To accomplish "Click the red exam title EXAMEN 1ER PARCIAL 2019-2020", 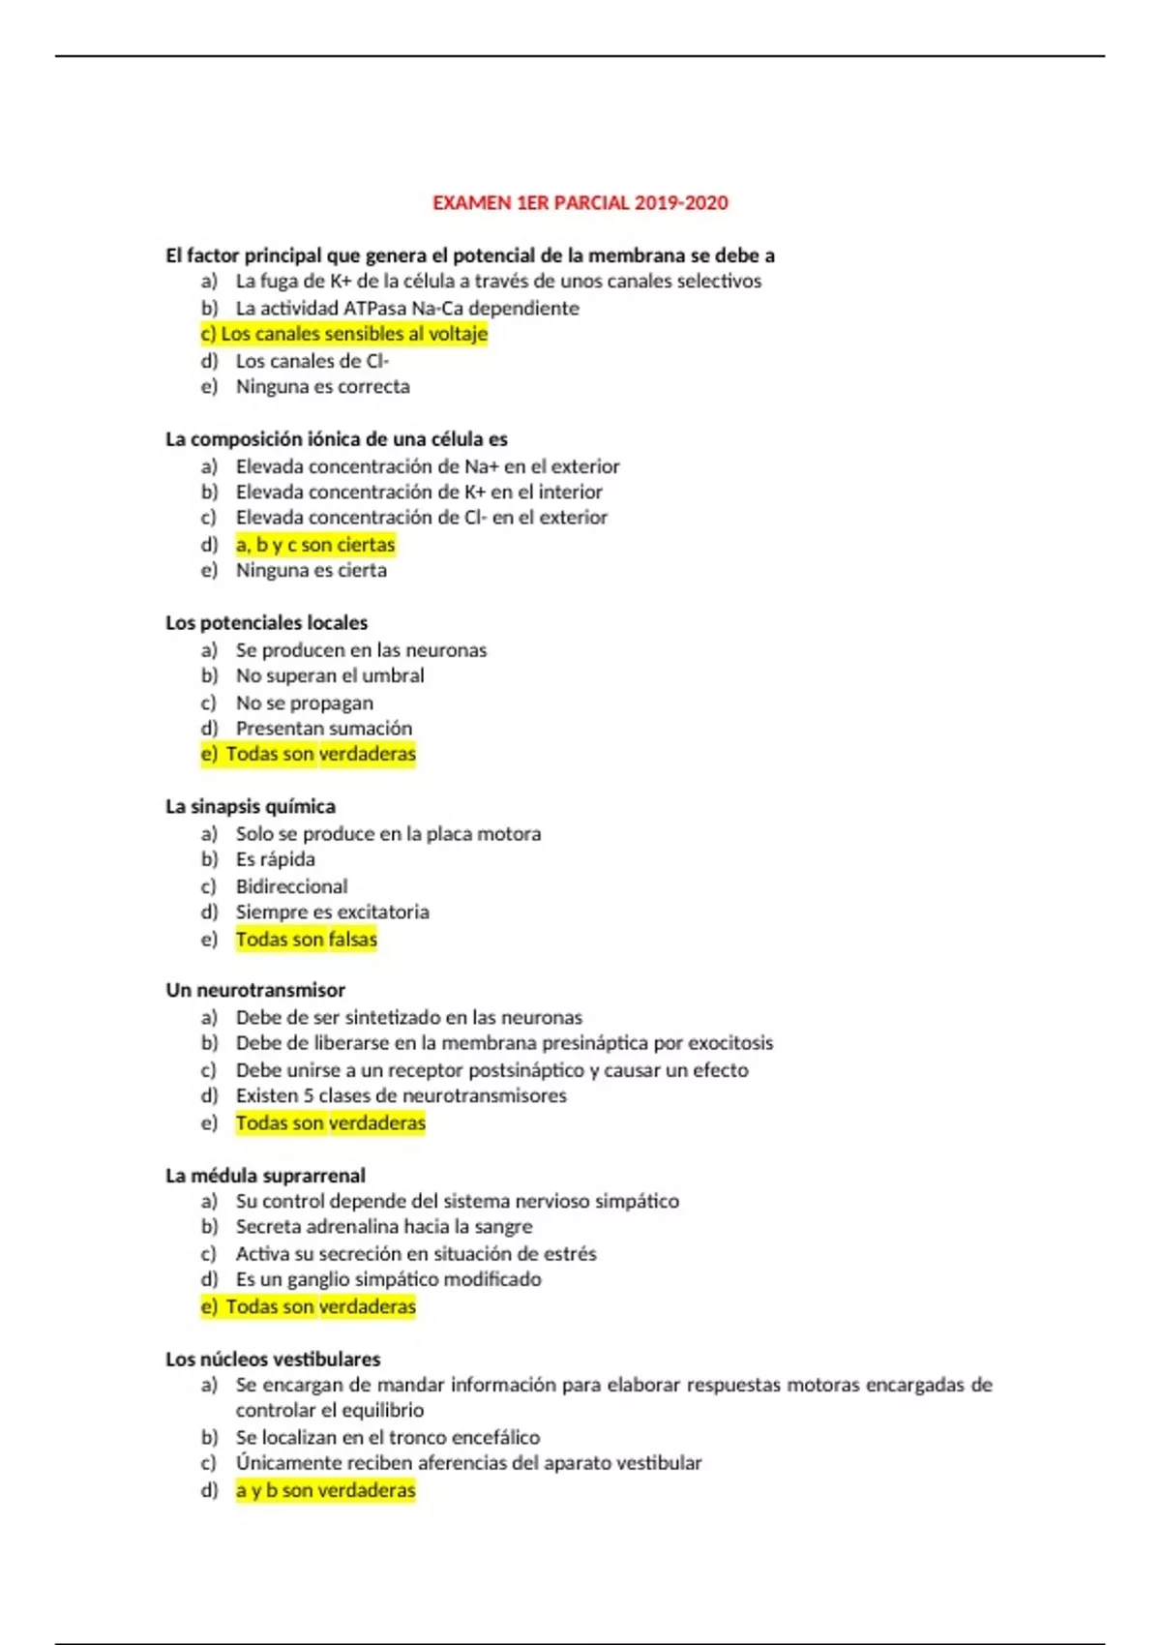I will pos(580,203).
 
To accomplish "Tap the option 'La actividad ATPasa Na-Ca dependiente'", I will pos(407,308).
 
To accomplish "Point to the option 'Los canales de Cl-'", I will pos(312,361).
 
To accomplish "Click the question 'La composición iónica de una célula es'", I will pos(336,439).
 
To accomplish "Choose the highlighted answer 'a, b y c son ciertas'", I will pos(315,545).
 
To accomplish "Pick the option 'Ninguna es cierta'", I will pos(311,571).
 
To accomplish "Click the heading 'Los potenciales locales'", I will pos(266,623).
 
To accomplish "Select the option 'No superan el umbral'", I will pos(330,675).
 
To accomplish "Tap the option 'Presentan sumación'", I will pos(324,728).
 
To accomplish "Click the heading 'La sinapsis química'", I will pos(251,807).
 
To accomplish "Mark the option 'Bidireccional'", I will pos(291,886).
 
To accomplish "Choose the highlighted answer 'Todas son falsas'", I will pos(307,939).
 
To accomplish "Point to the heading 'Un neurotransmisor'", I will pos(255,991).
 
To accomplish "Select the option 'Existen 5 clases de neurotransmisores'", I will pos(402,1095).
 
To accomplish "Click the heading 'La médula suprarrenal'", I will pos(265,1176).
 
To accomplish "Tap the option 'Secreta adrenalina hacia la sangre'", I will pos(384,1227).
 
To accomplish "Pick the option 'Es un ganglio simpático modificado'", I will pos(389,1279).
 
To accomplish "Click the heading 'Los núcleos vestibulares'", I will pos(273,1360).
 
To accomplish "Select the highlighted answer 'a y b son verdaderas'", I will pos(325,1490).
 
